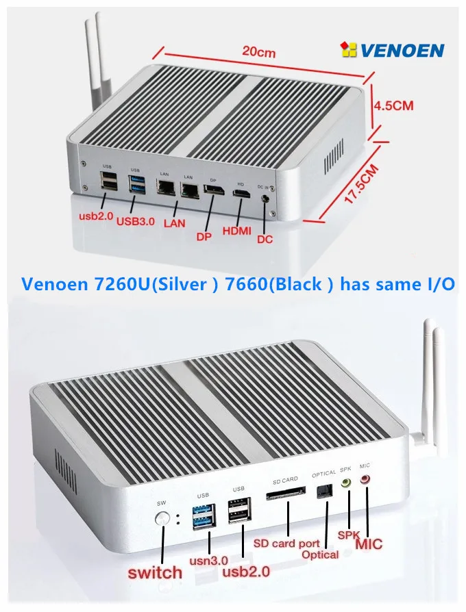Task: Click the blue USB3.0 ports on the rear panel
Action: coord(136,184)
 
